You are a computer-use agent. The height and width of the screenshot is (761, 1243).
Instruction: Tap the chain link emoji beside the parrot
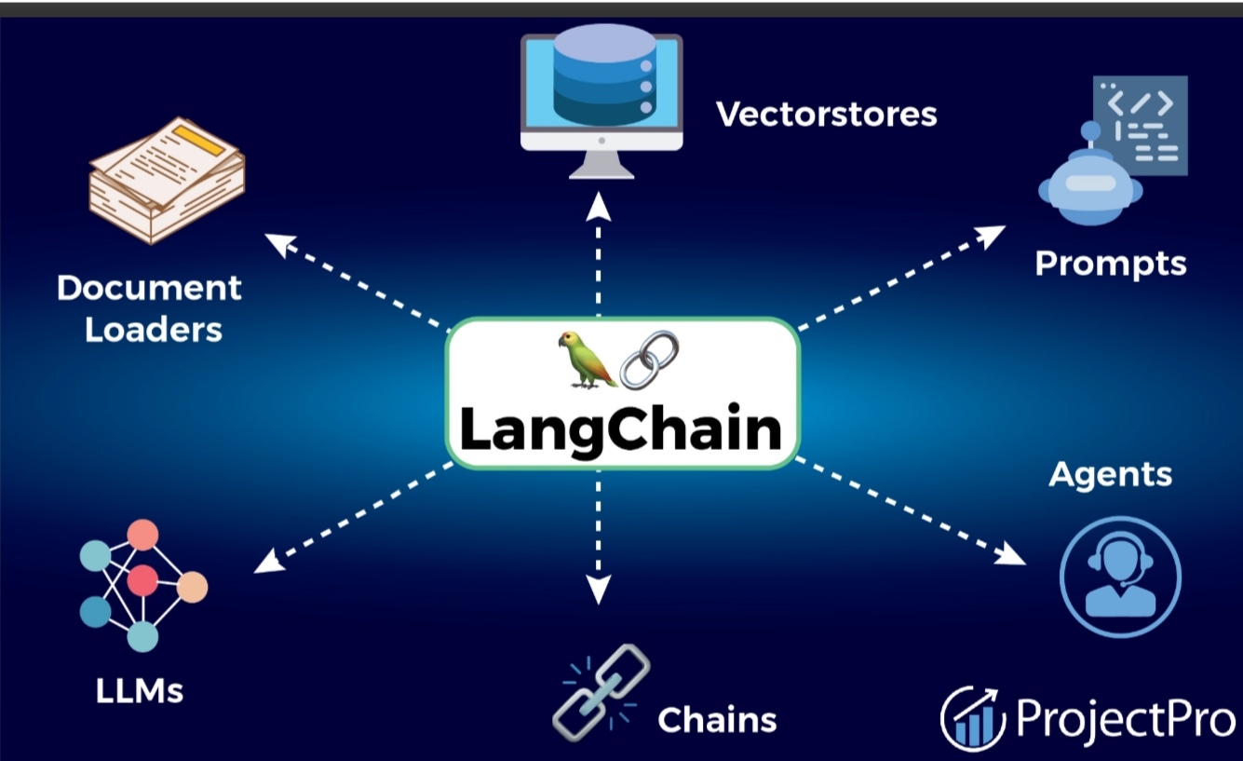click(x=649, y=360)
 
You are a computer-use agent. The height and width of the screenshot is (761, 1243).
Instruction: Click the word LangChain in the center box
click(x=621, y=429)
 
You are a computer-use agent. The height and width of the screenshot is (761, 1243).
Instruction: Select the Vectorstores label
click(x=826, y=114)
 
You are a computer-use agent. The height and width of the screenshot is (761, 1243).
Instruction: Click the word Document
click(x=149, y=287)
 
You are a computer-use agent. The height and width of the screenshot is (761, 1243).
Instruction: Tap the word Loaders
click(x=154, y=329)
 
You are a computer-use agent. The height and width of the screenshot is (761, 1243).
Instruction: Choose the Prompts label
click(x=1111, y=263)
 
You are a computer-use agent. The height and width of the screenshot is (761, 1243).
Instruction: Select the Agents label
click(x=1110, y=474)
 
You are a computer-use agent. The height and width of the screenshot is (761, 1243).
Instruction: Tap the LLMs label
click(x=140, y=691)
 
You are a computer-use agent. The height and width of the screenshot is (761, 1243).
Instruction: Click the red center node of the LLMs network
click(x=142, y=580)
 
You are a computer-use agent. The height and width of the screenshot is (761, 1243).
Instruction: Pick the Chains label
click(x=716, y=719)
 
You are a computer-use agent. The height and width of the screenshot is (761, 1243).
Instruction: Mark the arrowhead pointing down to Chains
click(x=599, y=589)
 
